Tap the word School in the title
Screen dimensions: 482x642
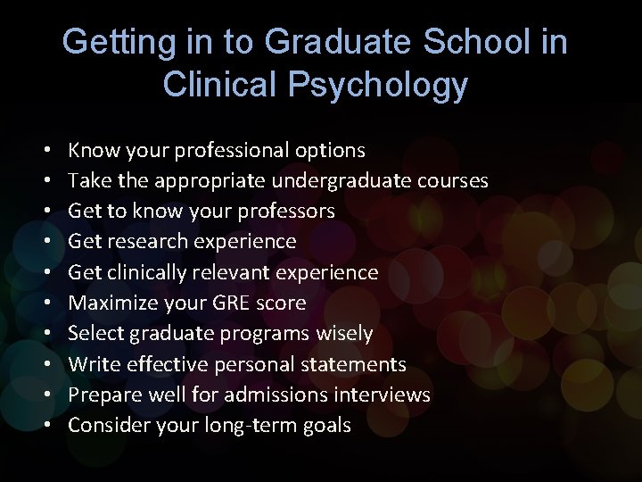coord(465,42)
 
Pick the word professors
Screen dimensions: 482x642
coord(285,211)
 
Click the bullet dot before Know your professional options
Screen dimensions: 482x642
coord(45,151)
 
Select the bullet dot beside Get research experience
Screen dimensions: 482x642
coord(45,242)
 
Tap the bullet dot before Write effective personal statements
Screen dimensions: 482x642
coord(45,365)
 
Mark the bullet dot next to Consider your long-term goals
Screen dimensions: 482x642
coord(45,426)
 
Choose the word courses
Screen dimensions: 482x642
coord(457,180)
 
